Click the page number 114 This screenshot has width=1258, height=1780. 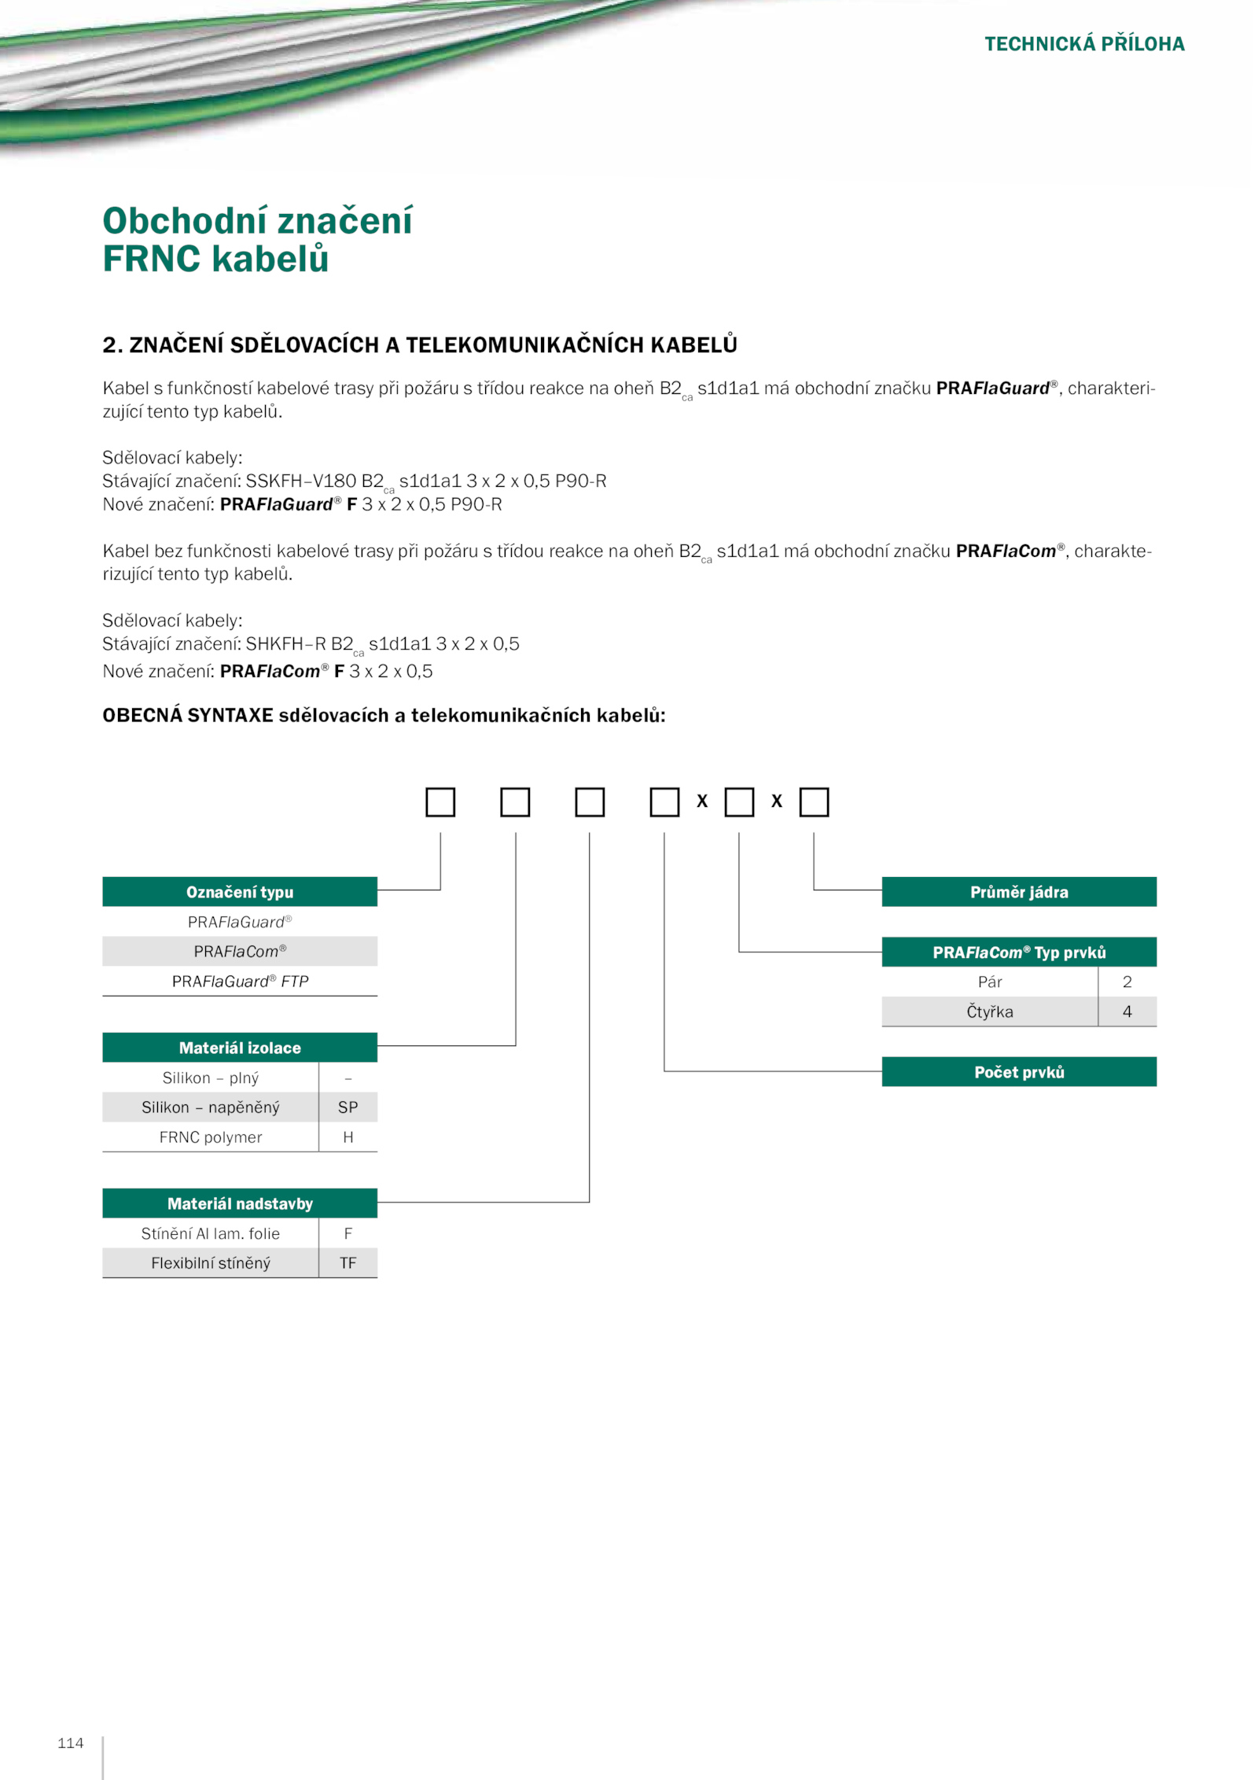70,1742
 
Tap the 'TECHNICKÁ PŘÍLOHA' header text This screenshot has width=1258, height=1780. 1083,44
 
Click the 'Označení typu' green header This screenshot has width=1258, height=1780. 239,892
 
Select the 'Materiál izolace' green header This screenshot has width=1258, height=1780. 239,1048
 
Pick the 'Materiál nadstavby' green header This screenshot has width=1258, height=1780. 239,1203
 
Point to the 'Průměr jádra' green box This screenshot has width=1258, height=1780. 1018,892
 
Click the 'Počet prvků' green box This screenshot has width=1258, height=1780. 1018,1072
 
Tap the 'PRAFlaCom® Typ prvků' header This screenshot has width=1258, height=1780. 1018,953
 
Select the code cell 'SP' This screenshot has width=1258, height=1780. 348,1107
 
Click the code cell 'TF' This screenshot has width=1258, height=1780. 348,1263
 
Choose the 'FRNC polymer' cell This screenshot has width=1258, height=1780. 210,1137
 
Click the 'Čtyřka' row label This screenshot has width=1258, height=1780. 989,1012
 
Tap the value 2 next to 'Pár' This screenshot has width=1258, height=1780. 1127,982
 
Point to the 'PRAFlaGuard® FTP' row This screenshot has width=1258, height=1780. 239,982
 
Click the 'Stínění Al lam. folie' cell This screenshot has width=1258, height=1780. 210,1233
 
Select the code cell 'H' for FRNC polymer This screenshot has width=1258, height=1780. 348,1137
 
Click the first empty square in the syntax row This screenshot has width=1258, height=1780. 440,802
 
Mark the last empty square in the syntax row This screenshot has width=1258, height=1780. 814,802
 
